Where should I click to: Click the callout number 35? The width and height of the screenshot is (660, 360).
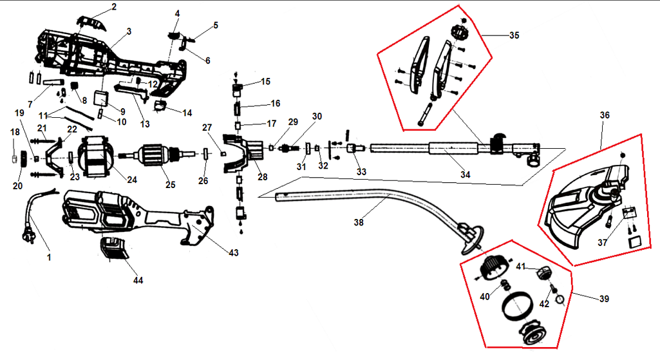[x=514, y=36]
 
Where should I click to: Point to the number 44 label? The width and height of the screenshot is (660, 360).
[x=138, y=281]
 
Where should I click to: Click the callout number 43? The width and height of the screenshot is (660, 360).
[x=234, y=253]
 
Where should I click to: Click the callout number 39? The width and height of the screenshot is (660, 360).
[x=603, y=299]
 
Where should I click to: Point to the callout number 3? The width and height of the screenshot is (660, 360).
[x=129, y=31]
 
